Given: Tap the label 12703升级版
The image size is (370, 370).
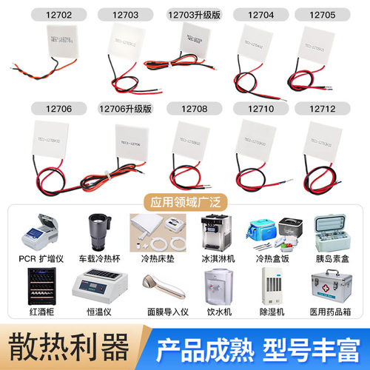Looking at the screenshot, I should coord(189,13).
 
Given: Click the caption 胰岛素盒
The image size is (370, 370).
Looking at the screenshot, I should coord(338,260).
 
